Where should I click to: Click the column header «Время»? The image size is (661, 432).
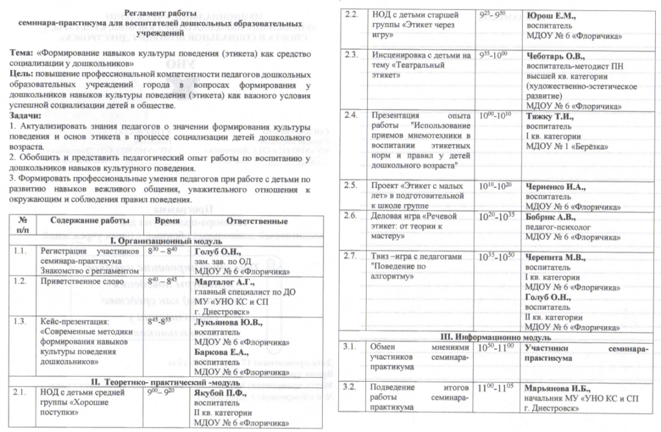click(x=168, y=220)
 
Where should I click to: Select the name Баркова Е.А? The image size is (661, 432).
click(x=219, y=352)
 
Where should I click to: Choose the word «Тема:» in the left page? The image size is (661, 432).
click(x=23, y=56)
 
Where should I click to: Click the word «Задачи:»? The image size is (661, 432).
click(x=25, y=114)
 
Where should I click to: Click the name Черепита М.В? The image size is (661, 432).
click(x=556, y=257)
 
